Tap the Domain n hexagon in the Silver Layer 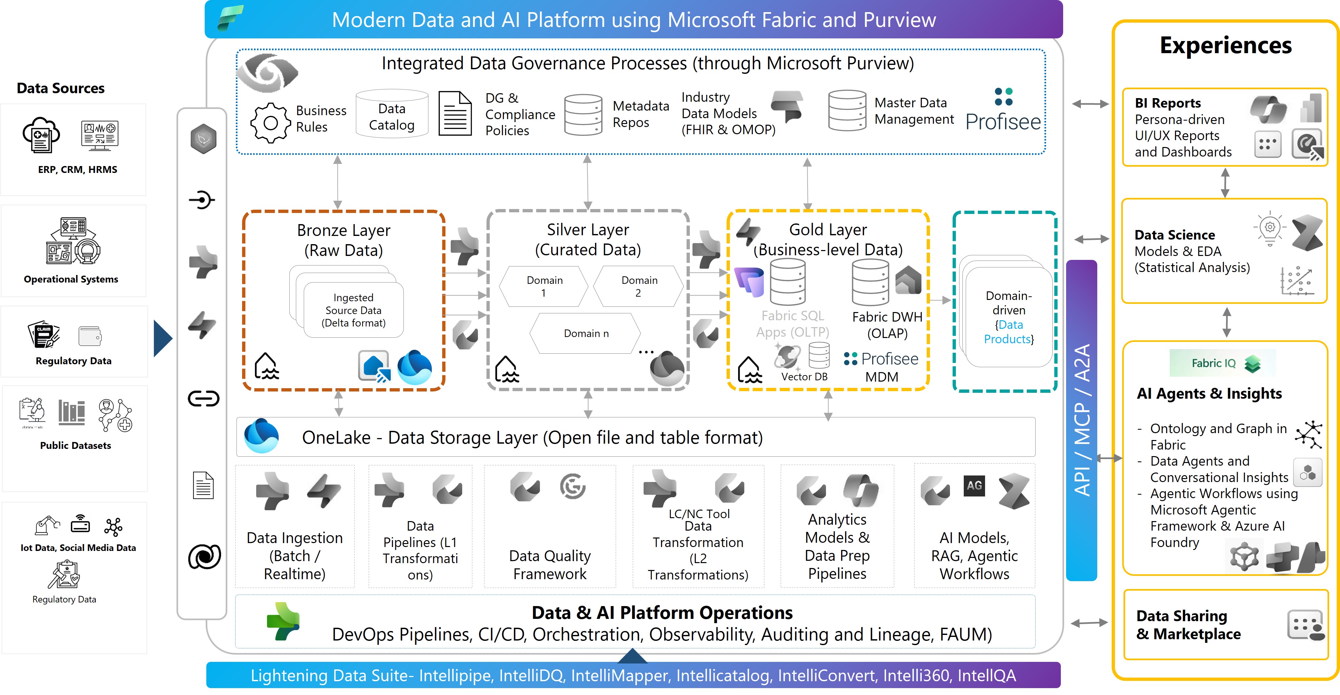[x=586, y=333]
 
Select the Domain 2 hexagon [x=639, y=286]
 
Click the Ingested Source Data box [x=353, y=310]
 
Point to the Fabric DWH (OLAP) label [x=887, y=325]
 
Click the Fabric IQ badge [x=1222, y=363]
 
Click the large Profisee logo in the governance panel [x=1003, y=112]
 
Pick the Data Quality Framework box [x=549, y=564]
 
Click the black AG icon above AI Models [x=974, y=486]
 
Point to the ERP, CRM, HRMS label [x=77, y=170]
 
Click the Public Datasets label [x=75, y=445]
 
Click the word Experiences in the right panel [x=1225, y=46]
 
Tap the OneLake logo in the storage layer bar [x=262, y=436]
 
